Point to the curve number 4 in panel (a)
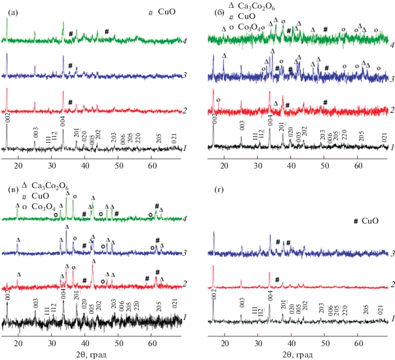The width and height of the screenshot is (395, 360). pyautogui.click(x=187, y=42)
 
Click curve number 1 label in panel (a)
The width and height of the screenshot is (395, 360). pyautogui.click(x=187, y=148)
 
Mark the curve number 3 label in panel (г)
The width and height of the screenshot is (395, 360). pyautogui.click(x=391, y=253)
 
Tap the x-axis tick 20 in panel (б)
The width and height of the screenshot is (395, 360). pyautogui.click(x=225, y=165)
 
